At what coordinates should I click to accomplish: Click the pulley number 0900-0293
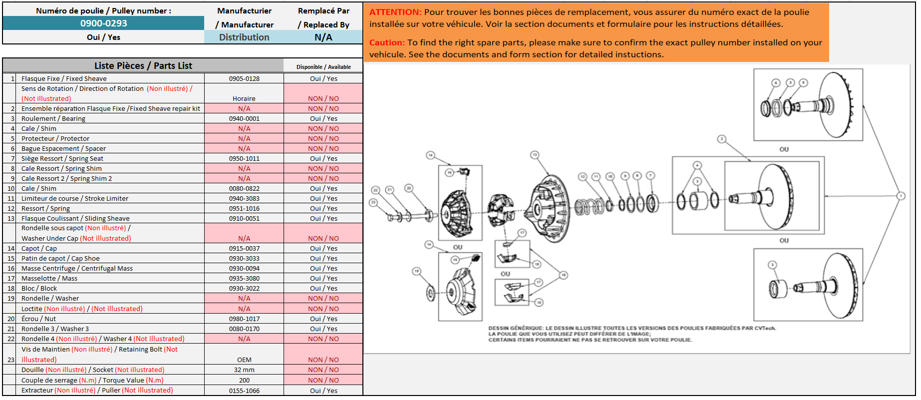[x=103, y=23]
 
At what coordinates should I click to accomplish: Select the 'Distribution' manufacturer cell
[x=244, y=37]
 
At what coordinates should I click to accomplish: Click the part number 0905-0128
[x=244, y=79]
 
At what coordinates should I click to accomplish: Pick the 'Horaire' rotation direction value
[x=244, y=99]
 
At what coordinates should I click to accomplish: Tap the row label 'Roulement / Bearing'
[x=53, y=119]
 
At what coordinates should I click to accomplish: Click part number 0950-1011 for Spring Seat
[x=244, y=159]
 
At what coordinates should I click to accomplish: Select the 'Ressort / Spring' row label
[x=45, y=209]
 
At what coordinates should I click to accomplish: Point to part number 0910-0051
[x=244, y=219]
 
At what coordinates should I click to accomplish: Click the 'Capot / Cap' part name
[x=39, y=249]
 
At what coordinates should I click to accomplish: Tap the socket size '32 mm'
[x=244, y=370]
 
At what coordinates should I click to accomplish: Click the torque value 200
[x=244, y=381]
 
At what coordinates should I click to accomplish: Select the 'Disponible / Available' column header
[x=323, y=67]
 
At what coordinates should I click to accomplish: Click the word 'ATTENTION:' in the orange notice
[x=395, y=12]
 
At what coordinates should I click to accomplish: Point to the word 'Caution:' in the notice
[x=387, y=43]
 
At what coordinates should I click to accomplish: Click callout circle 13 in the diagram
[x=535, y=155]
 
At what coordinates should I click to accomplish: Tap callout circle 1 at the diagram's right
[x=901, y=196]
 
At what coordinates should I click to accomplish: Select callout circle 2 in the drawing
[x=721, y=139]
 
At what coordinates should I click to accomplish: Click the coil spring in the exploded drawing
[x=590, y=206]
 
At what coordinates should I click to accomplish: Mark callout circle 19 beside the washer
[x=416, y=271]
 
